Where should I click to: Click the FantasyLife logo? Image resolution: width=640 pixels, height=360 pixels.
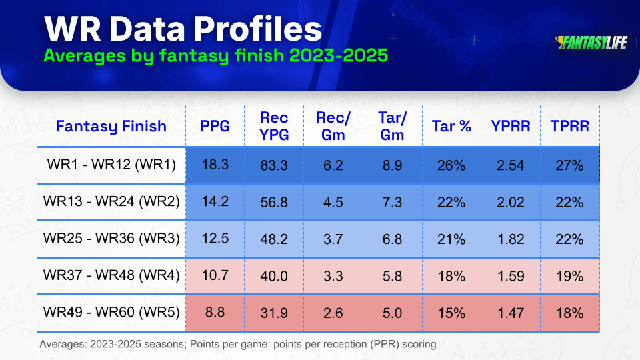pos(591,43)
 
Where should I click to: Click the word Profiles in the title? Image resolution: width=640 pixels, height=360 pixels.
pos(257,29)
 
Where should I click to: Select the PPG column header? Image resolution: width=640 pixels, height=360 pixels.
pos(215,126)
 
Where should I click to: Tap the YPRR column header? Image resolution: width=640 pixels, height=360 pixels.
pos(511,126)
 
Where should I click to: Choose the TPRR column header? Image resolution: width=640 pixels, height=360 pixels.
pos(570,126)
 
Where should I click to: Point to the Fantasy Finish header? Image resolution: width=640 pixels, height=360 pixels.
pos(111,126)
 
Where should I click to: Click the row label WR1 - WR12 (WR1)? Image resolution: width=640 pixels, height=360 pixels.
pos(111,165)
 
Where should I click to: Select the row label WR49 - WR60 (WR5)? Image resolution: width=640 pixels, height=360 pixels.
pos(111,312)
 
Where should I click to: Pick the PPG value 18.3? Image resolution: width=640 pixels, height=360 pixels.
pos(215,165)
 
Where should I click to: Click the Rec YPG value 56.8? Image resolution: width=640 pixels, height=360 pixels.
pos(274,202)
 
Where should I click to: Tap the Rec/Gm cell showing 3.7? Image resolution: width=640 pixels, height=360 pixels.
pos(333,239)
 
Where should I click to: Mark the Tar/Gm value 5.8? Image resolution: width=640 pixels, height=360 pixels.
pos(392,276)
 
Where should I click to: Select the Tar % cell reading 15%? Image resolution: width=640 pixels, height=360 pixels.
pos(451,313)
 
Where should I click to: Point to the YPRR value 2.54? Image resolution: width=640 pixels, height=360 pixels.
pos(511,165)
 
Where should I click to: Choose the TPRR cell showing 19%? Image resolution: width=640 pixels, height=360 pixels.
pos(570,276)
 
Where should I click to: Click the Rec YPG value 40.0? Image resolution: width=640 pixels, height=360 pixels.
pos(274,276)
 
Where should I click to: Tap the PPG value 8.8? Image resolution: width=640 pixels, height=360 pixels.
pos(215,312)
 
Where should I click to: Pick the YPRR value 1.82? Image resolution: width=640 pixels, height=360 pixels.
pos(511,239)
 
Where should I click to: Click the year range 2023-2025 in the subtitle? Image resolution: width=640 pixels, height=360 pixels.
pos(339,55)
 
